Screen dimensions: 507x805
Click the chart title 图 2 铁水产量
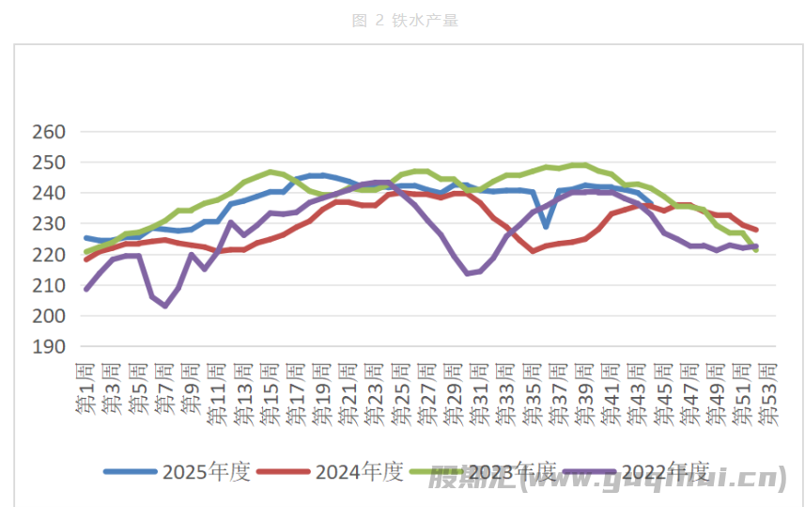coord(405,21)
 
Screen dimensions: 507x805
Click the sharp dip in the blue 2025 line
coord(546,226)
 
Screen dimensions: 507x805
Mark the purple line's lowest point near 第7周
coord(165,306)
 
